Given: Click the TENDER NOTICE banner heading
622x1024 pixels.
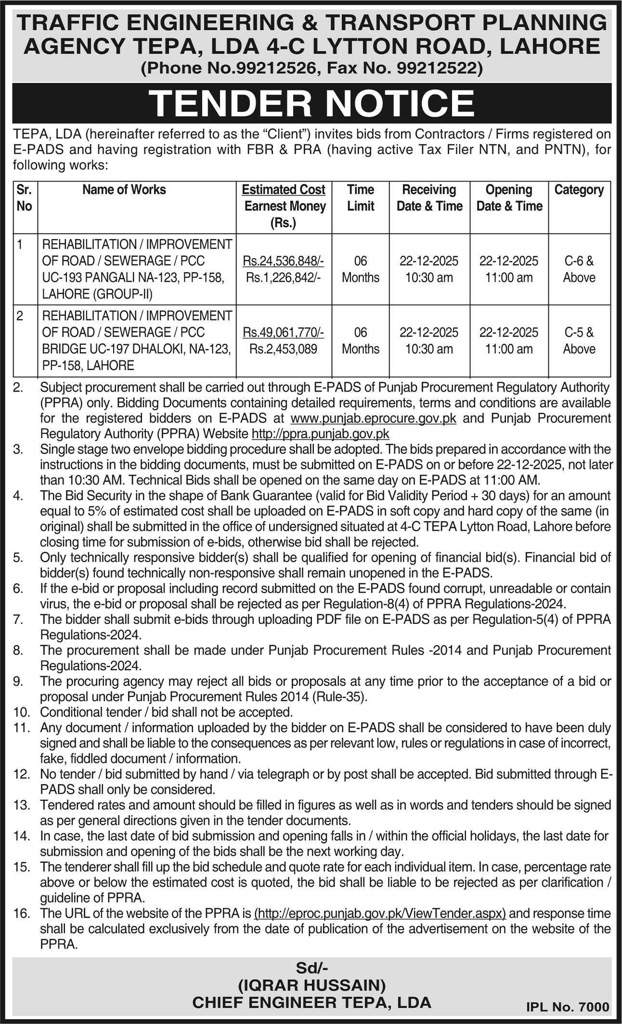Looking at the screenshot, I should (311, 103).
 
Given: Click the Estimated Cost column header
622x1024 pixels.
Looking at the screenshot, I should (284, 190).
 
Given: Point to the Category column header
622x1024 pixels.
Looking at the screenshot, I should (579, 190).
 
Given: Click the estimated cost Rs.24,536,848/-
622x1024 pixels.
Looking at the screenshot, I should (284, 261).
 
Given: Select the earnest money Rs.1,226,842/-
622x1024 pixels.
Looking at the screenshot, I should (284, 277).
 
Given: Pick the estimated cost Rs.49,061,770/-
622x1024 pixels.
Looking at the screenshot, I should (284, 332).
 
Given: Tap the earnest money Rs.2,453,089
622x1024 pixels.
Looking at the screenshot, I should (284, 349).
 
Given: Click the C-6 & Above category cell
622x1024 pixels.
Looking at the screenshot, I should (579, 269).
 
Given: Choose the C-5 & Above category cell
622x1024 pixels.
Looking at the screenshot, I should (579, 341).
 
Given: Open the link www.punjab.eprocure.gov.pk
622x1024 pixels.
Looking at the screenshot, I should (374, 418).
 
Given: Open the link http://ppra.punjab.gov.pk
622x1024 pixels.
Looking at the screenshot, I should (321, 433).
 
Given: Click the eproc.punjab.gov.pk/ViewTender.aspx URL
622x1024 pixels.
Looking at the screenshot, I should (380, 913).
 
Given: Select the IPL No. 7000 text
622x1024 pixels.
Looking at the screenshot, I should (568, 1006).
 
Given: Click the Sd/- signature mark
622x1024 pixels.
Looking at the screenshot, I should (311, 967).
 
